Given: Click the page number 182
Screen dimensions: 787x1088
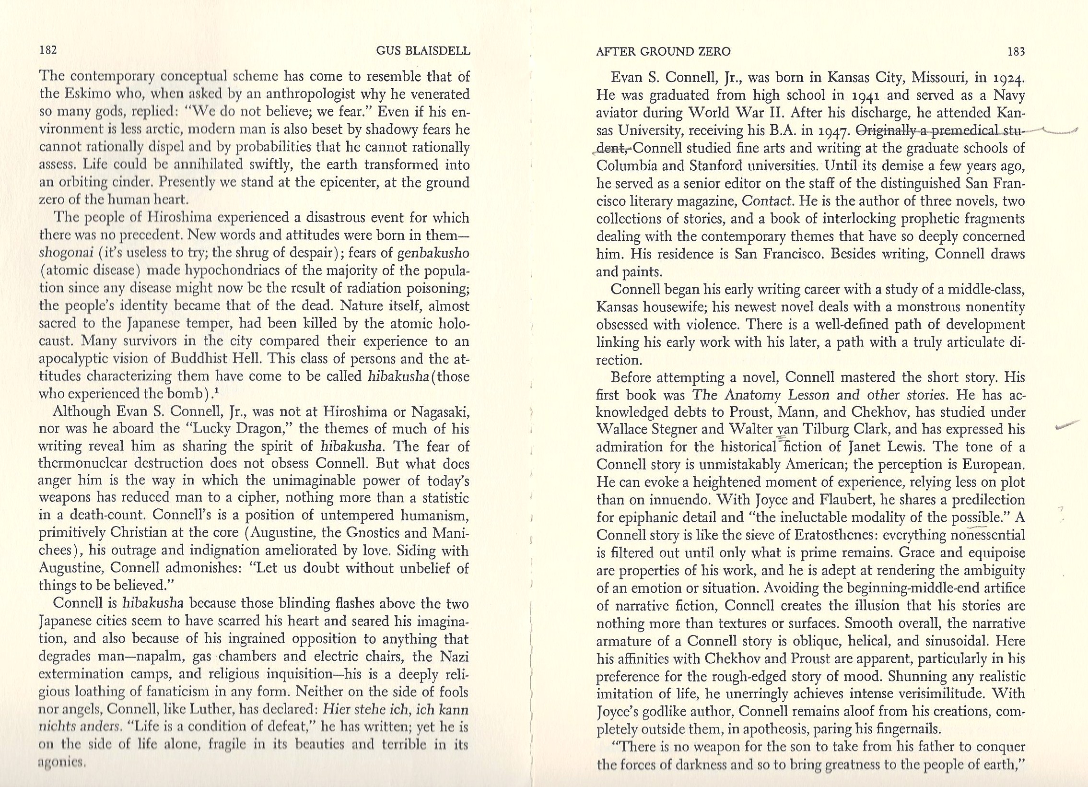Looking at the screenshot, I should click(48, 50).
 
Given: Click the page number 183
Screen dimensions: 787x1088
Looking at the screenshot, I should click(1016, 51).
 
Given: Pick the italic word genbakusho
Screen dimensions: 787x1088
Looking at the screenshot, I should click(436, 253).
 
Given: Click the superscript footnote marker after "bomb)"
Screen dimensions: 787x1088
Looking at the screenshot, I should click(218, 390).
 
